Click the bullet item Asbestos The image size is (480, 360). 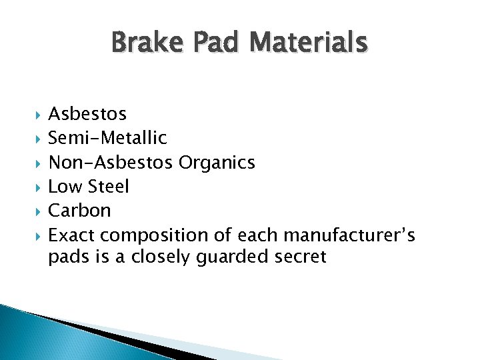pyautogui.click(x=87, y=115)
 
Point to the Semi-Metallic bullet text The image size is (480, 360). pyautogui.click(x=107, y=138)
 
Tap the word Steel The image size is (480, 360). pyautogui.click(x=108, y=187)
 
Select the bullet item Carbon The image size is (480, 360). pyautogui.click(x=79, y=211)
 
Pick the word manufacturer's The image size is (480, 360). pyautogui.click(x=349, y=235)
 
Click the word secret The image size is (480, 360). pyautogui.click(x=300, y=257)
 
